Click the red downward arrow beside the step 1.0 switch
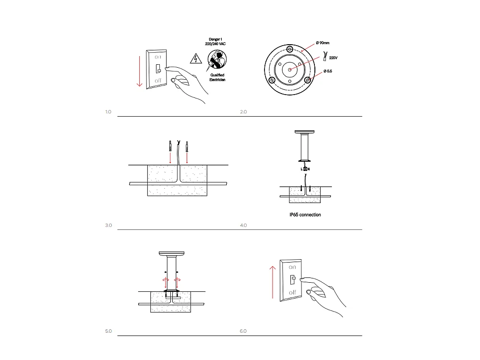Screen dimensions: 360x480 tap(139, 71)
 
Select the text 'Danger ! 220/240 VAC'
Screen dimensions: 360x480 tap(215, 41)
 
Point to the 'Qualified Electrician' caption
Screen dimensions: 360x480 tap(217, 77)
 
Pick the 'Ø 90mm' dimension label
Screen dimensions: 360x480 tap(323, 43)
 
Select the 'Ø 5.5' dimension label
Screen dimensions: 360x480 tap(328, 71)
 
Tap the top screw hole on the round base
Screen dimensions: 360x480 tap(289, 49)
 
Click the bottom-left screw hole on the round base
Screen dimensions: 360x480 tap(272, 80)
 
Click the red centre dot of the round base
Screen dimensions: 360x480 tap(289, 70)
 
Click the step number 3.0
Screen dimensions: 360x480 tap(108, 225)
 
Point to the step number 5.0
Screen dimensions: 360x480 tap(108, 331)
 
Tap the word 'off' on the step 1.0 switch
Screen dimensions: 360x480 tap(158, 82)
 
